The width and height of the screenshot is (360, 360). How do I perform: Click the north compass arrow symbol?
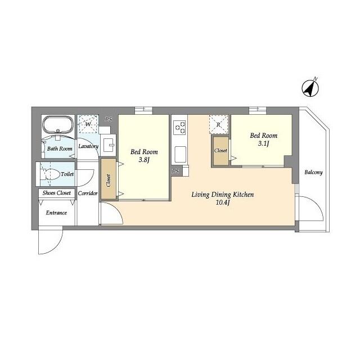point(310,88)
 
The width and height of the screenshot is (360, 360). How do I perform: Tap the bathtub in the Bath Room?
point(58,124)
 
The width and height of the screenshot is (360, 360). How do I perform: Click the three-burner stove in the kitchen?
point(179,128)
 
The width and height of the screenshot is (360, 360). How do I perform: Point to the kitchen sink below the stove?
point(180,154)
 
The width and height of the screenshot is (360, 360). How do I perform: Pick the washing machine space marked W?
point(88,124)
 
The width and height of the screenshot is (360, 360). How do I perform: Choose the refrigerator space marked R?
point(219,125)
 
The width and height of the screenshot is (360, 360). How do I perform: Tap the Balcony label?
point(313,172)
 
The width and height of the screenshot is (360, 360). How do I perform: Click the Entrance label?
point(56,213)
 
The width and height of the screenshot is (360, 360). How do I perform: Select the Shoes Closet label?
point(57,193)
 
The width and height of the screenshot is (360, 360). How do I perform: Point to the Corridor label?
point(88,193)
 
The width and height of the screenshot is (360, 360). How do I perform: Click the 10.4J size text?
point(223,202)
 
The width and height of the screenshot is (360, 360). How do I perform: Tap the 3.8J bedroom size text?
point(144,160)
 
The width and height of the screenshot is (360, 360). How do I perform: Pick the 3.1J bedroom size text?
point(263,143)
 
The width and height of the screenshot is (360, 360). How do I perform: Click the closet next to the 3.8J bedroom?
point(109,179)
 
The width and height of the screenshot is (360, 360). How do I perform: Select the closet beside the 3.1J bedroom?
point(221,151)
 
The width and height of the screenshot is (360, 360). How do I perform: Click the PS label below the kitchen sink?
point(175,171)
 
